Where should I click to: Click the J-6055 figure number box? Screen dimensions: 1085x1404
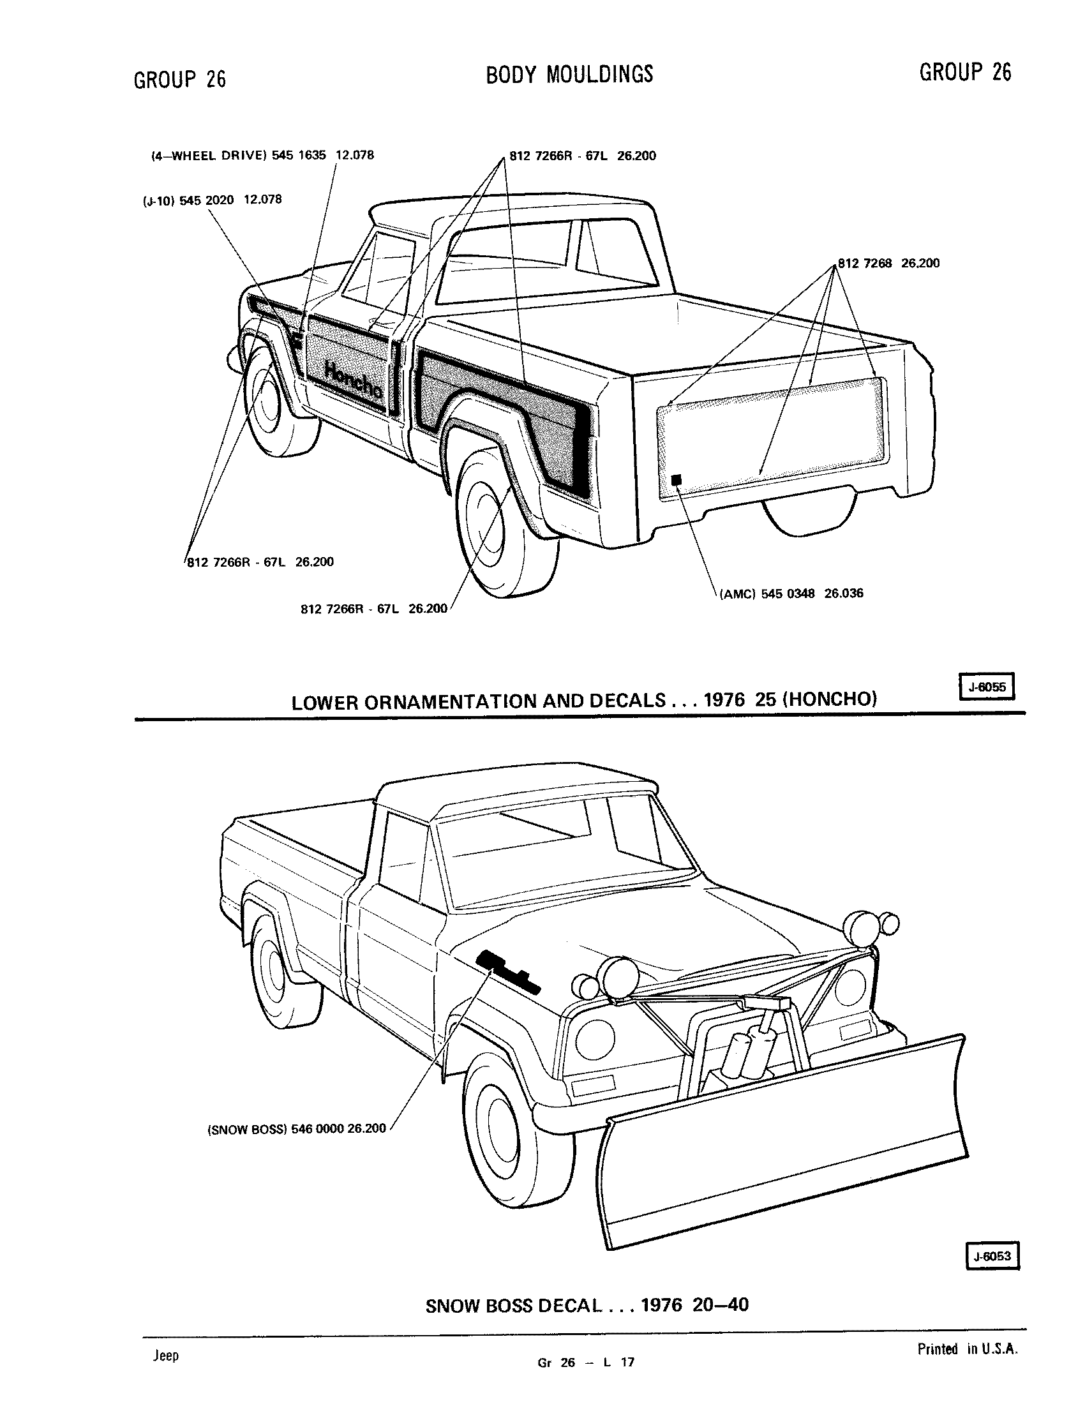986,687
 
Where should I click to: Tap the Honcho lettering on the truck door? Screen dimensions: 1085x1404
354,381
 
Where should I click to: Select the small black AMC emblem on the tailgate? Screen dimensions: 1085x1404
675,479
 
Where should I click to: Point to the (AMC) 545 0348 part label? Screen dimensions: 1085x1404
791,594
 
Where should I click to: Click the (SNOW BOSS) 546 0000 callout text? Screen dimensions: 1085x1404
296,1128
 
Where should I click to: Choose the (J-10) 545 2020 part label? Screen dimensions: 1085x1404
211,200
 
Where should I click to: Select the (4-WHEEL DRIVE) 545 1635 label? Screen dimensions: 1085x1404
262,156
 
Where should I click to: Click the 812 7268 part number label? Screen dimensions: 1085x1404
889,263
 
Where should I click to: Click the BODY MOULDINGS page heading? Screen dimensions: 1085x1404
569,75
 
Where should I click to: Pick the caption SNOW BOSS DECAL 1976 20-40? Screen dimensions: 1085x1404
587,1305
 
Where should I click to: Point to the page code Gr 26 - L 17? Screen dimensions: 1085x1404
586,1362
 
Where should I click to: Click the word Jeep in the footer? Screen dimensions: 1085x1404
166,1355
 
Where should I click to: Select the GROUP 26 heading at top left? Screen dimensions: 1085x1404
180,79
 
